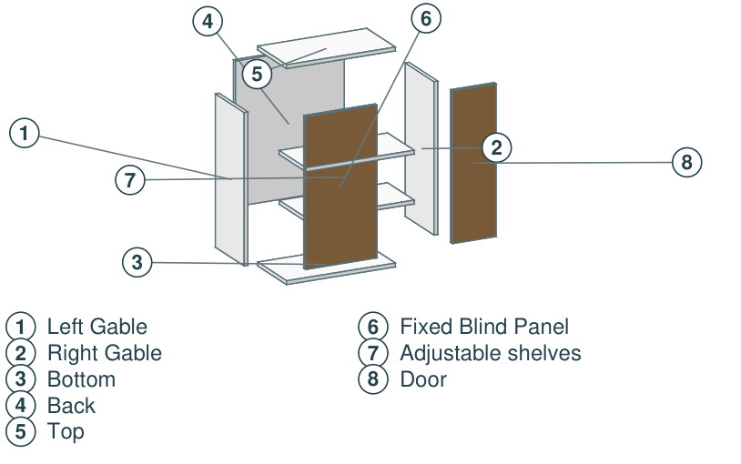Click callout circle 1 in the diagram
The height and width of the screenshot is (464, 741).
24,133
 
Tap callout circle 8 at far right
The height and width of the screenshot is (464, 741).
686,162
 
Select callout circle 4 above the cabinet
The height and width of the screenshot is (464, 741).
208,21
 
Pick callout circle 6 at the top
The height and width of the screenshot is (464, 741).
426,18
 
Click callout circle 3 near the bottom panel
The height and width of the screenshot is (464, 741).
137,262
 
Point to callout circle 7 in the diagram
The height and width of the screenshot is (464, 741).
130,179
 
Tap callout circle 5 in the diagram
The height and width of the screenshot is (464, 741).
257,74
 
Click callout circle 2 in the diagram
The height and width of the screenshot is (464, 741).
496,147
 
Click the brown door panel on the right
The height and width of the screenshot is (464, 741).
473,163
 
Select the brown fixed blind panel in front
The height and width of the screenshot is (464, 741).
340,187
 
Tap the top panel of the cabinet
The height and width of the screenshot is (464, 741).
326,48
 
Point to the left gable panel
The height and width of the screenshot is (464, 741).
231,179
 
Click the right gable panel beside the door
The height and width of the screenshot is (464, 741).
421,148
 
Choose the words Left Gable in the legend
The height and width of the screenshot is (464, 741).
97,327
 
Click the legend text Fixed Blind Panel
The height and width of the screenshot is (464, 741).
484,327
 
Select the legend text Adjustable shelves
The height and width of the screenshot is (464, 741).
491,353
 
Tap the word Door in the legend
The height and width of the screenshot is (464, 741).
423,379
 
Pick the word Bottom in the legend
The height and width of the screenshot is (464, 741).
81,379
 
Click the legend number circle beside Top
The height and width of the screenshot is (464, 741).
20,431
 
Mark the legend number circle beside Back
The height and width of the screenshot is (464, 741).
20,406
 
